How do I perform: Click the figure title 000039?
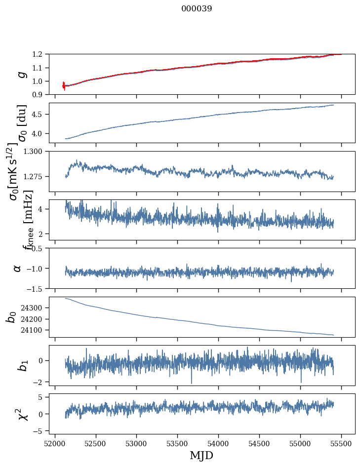tap(197, 9)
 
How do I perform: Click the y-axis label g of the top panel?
tap(20, 74)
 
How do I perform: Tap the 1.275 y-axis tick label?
tap(35, 176)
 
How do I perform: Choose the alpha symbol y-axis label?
tap(17, 268)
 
